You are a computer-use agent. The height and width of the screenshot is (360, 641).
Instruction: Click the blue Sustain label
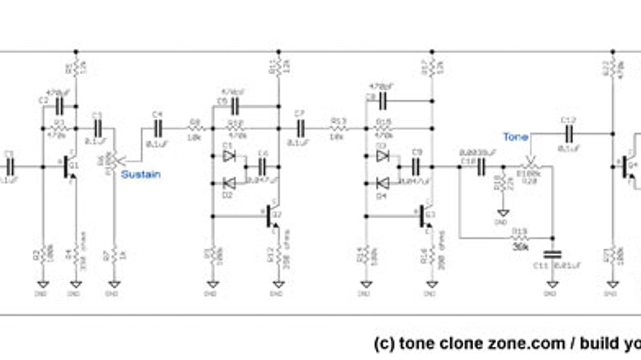[x=141, y=175]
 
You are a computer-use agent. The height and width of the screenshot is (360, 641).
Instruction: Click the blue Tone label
[x=515, y=137]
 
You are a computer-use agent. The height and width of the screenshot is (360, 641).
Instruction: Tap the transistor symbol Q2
[x=272, y=217]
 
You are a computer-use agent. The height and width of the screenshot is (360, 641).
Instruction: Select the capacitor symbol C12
[x=569, y=134]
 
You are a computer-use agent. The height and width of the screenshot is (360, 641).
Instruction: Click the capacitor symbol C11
[x=552, y=254]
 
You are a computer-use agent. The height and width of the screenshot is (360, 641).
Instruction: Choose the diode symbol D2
[x=229, y=183]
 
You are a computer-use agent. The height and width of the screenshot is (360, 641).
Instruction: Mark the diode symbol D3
[x=382, y=157]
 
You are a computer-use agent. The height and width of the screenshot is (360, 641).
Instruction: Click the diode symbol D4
[x=382, y=183]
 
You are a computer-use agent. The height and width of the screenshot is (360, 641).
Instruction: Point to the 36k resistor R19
[x=521, y=238]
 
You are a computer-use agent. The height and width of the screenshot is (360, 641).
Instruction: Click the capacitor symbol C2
[x=59, y=107]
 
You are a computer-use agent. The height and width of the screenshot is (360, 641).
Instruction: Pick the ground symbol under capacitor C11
[x=552, y=284]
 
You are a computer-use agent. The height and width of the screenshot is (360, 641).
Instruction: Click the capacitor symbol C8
[x=382, y=101]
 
